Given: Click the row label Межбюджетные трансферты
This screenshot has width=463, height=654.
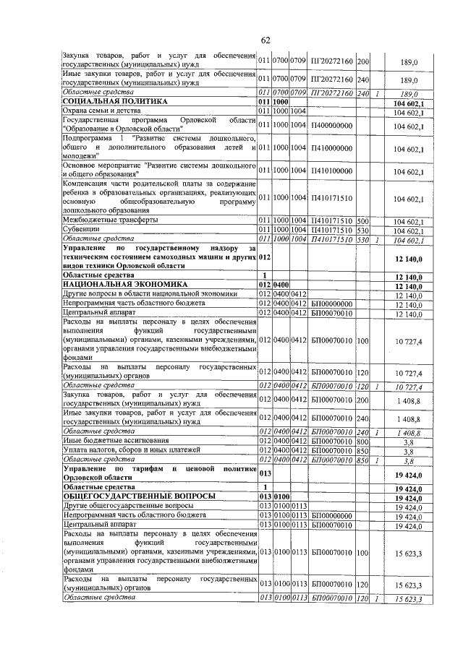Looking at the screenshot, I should click(x=106, y=220).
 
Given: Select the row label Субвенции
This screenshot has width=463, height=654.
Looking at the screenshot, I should click(x=81, y=230).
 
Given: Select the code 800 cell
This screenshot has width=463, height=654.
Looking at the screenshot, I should click(x=362, y=440).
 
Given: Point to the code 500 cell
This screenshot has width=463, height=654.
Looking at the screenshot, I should click(x=362, y=220).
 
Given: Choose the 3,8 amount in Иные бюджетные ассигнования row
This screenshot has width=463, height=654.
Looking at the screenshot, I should click(x=408, y=440).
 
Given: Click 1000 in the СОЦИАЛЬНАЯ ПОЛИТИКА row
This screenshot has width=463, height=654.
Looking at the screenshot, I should click(x=279, y=103).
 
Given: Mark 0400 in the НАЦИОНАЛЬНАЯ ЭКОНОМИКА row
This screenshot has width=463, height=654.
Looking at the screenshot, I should click(x=279, y=285).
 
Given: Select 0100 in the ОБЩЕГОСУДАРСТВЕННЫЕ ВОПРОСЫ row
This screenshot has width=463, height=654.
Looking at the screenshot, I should click(x=279, y=497).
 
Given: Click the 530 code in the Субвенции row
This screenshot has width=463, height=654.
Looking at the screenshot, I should click(x=362, y=230).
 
